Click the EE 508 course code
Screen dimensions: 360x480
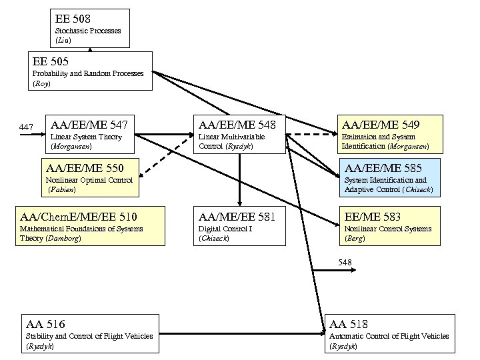pos(73,19)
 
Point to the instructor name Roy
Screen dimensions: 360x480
pos(41,84)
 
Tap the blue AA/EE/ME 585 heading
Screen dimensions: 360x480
pos(383,167)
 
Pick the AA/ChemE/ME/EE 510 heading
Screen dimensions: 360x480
pos(79,216)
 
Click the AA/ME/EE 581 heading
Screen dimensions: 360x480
pos(237,216)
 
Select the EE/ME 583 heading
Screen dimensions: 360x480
pos(373,216)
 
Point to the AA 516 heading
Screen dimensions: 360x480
pos(45,324)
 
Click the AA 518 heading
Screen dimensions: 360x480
pos(349,324)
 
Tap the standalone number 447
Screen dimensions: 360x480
pos(26,127)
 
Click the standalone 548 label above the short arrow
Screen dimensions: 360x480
pos(345,263)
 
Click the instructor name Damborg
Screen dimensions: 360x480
pos(61,238)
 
